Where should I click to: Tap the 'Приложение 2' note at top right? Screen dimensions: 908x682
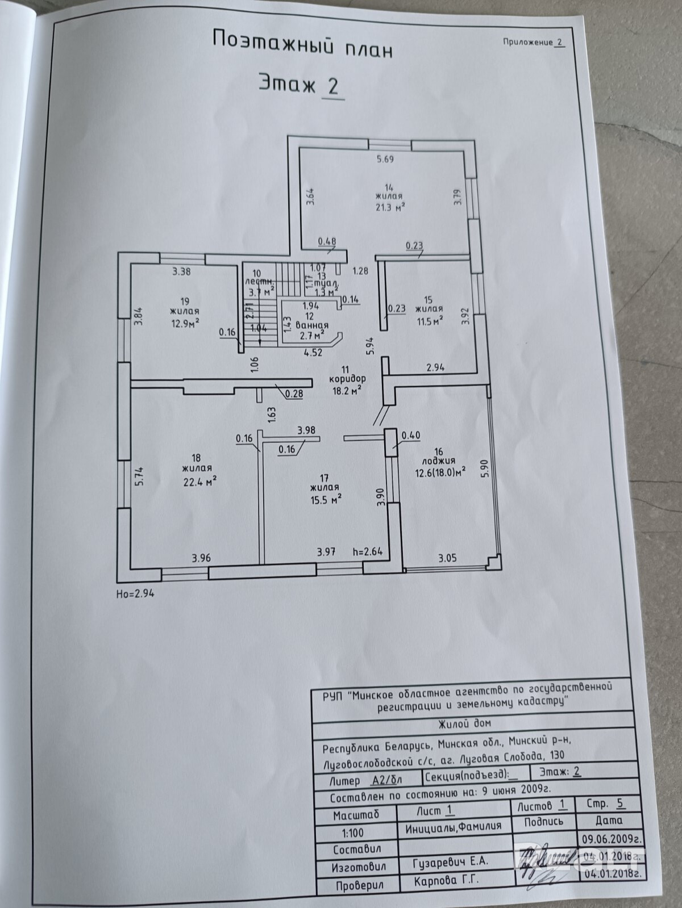[534, 42]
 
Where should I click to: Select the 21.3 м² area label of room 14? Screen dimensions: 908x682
[389, 206]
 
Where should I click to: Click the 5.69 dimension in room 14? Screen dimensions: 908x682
[385, 160]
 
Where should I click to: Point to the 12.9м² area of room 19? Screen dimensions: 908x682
[184, 323]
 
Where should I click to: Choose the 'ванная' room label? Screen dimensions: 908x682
[311, 325]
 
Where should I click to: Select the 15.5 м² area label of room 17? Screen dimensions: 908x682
[325, 499]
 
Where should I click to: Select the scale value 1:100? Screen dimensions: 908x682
[352, 833]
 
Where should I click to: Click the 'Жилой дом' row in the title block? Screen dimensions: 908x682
[464, 723]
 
